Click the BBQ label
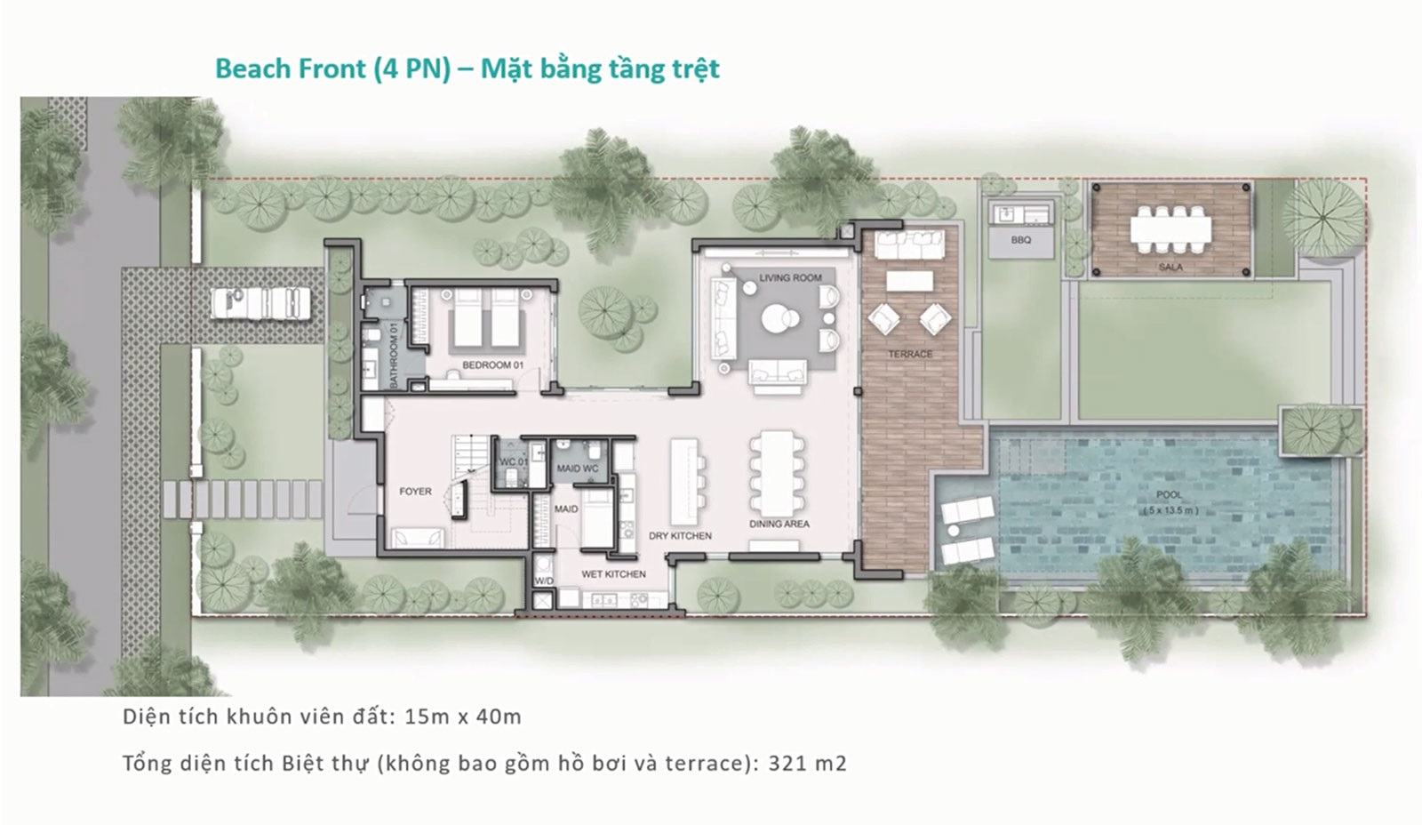1021,240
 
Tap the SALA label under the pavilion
1170,268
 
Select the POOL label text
1170,495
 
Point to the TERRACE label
910,354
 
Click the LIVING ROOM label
790,277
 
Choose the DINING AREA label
779,524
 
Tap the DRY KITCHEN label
680,536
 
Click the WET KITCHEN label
613,574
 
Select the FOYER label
415,491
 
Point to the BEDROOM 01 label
492,365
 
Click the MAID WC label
577,469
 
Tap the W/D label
544,581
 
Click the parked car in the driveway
260,303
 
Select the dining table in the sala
1170,229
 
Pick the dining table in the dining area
778,474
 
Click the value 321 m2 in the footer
808,763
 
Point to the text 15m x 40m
463,717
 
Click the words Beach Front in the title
291,68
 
